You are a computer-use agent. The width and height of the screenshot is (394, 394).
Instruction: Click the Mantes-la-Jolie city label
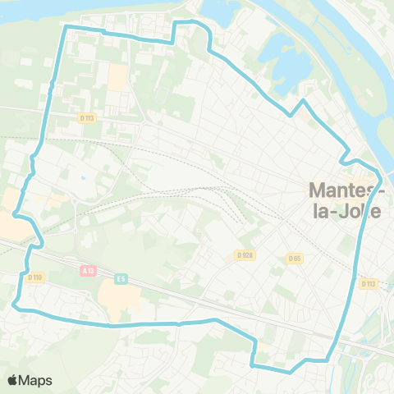(x=345, y=199)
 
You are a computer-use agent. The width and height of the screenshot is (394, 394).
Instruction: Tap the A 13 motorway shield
(x=89, y=269)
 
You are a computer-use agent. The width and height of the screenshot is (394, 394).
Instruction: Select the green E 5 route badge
(x=121, y=278)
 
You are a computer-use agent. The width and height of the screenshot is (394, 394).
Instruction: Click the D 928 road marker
(x=244, y=255)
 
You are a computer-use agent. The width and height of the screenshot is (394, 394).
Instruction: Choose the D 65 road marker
(x=294, y=259)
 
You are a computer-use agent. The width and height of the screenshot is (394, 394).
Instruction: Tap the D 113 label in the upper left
(x=88, y=117)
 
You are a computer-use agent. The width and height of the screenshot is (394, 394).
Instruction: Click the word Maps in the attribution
(x=36, y=380)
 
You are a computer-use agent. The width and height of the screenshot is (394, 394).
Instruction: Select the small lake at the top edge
(x=215, y=10)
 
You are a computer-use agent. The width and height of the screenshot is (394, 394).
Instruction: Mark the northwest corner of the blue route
(x=66, y=26)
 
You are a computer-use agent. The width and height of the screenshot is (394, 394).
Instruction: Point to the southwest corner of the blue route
(x=15, y=305)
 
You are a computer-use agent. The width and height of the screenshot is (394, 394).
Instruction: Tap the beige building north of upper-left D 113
(x=118, y=78)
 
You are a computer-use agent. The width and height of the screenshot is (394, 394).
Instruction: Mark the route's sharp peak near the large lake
(x=304, y=100)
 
